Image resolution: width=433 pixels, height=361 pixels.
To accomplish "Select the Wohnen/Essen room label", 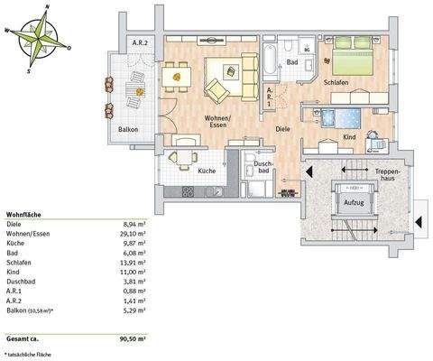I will (x=216, y=123).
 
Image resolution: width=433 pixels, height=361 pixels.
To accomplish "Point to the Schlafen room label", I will (x=336, y=82).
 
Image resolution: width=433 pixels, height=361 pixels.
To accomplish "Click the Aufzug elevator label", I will (x=354, y=204).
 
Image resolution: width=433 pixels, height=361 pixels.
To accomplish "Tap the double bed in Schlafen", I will (x=355, y=60).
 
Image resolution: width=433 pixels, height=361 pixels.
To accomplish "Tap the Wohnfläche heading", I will (x=24, y=214).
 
